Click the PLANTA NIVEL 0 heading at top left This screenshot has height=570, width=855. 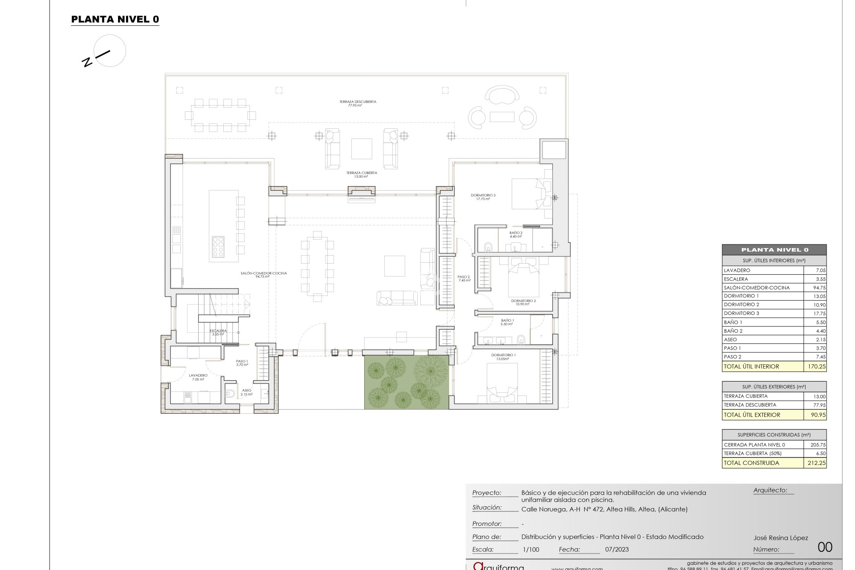click(115, 19)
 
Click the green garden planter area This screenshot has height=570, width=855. click(406, 382)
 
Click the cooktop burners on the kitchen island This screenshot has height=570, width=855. click(219, 247)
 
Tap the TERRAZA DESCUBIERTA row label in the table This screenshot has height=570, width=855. click(750, 405)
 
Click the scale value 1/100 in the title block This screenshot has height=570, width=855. click(530, 550)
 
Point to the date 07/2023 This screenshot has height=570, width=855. click(617, 550)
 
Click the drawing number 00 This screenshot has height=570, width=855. click(825, 547)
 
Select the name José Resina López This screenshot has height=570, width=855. click(780, 538)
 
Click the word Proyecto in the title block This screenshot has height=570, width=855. click(487, 493)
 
